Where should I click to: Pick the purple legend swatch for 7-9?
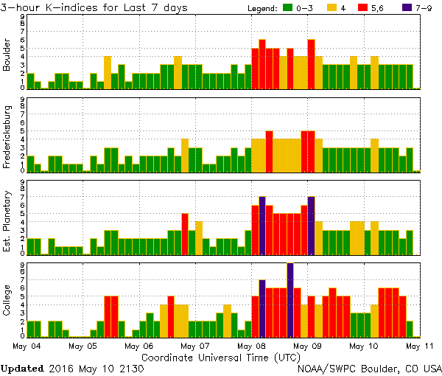point(407,8)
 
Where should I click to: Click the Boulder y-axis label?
point(7,55)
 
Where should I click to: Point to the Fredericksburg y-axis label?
point(7,137)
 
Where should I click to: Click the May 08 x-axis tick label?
point(251,345)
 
